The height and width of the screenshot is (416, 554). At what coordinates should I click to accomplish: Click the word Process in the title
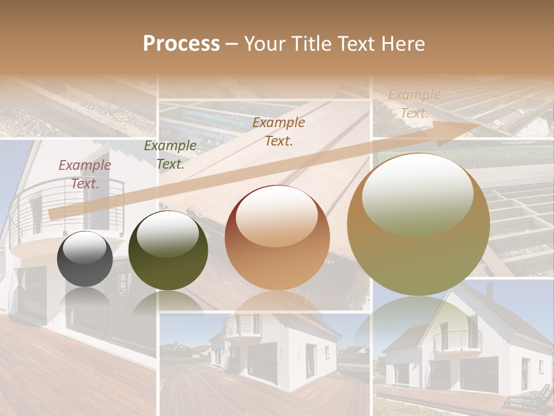point(181,44)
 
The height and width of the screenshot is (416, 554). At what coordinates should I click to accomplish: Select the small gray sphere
point(85,259)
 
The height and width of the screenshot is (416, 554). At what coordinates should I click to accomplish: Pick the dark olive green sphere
point(168,251)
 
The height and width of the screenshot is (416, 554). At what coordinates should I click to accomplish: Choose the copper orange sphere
point(278,237)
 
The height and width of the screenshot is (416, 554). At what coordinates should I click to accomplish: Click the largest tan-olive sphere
point(418,224)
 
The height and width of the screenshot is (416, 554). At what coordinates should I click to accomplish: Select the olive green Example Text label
point(170,154)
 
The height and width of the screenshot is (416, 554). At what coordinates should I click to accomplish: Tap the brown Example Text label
point(279,131)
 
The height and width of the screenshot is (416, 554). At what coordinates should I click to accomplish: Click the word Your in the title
point(267,44)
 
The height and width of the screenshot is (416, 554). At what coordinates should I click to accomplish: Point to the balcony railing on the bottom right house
point(458,341)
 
